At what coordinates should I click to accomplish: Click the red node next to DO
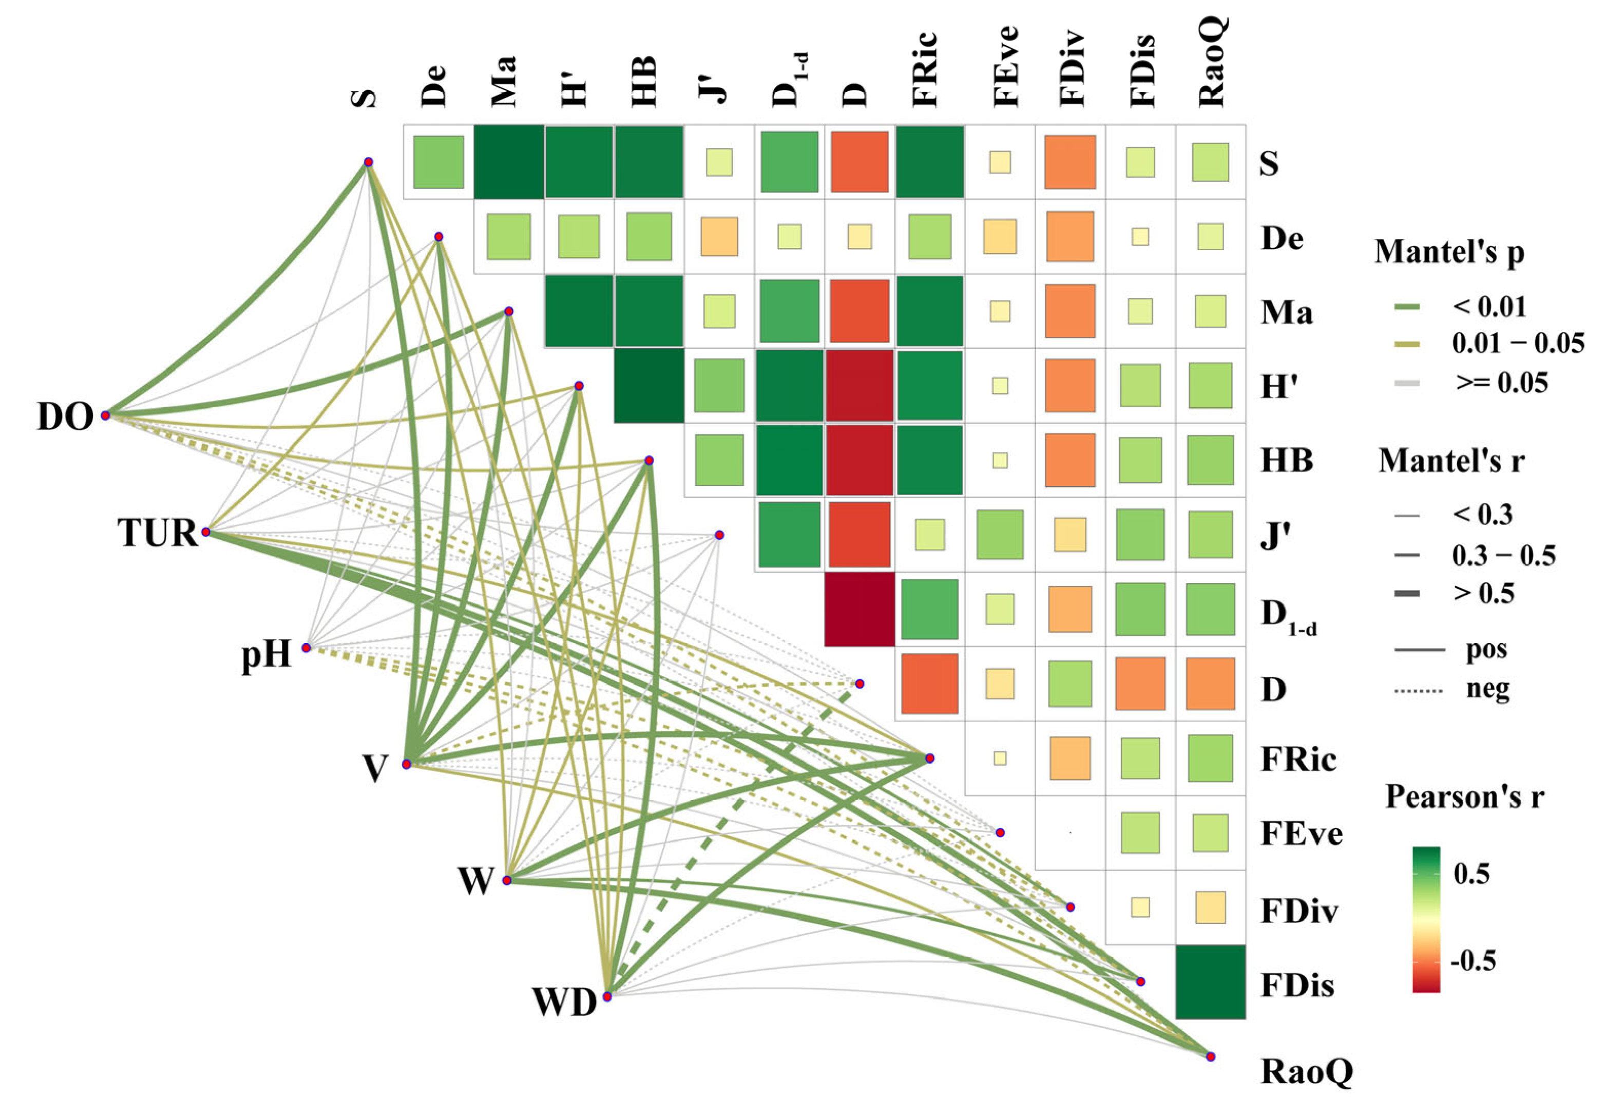click(106, 415)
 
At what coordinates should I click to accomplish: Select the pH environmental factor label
click(266, 656)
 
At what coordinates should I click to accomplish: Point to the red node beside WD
click(607, 996)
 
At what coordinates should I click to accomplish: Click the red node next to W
click(507, 880)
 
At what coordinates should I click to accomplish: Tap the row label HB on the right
click(1287, 461)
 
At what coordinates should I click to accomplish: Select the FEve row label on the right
click(1302, 834)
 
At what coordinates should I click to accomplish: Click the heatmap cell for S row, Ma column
click(509, 162)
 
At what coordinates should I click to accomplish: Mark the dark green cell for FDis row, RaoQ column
click(1211, 982)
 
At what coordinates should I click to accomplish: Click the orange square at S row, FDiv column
click(1070, 162)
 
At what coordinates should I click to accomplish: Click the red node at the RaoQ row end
click(1211, 1056)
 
